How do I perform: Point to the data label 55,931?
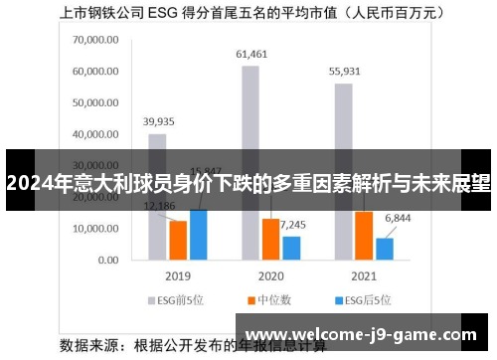(344, 72)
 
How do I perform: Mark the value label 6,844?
(397, 218)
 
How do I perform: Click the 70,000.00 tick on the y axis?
(95, 40)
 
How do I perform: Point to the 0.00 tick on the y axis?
(108, 260)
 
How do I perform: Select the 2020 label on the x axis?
(270, 275)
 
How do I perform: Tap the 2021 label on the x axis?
(363, 275)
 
